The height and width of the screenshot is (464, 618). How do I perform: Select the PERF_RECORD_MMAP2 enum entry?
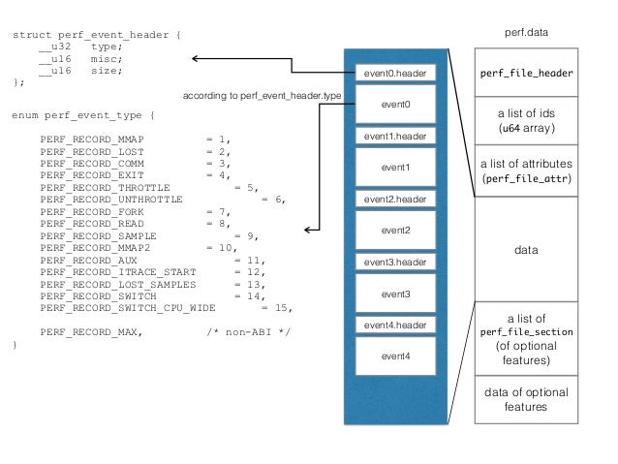click(x=83, y=247)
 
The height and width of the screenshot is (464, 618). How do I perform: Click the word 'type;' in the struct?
click(x=107, y=46)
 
